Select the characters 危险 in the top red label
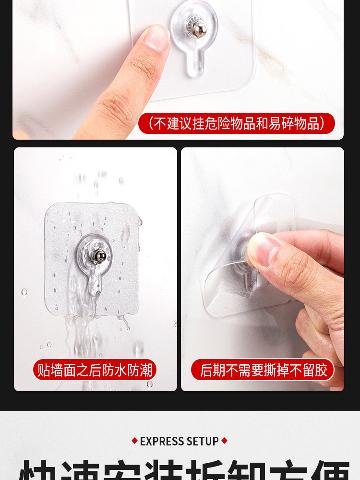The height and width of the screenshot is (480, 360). [x=216, y=123]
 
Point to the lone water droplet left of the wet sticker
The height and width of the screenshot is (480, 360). [x=24, y=291]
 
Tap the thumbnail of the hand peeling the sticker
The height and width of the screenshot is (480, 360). [x=262, y=249]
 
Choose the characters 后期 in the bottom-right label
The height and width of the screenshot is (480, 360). [x=212, y=370]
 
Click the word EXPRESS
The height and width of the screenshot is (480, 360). [x=163, y=441]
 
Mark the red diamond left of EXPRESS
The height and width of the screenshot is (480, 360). [x=134, y=441]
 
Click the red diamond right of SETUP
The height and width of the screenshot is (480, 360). [x=224, y=441]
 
